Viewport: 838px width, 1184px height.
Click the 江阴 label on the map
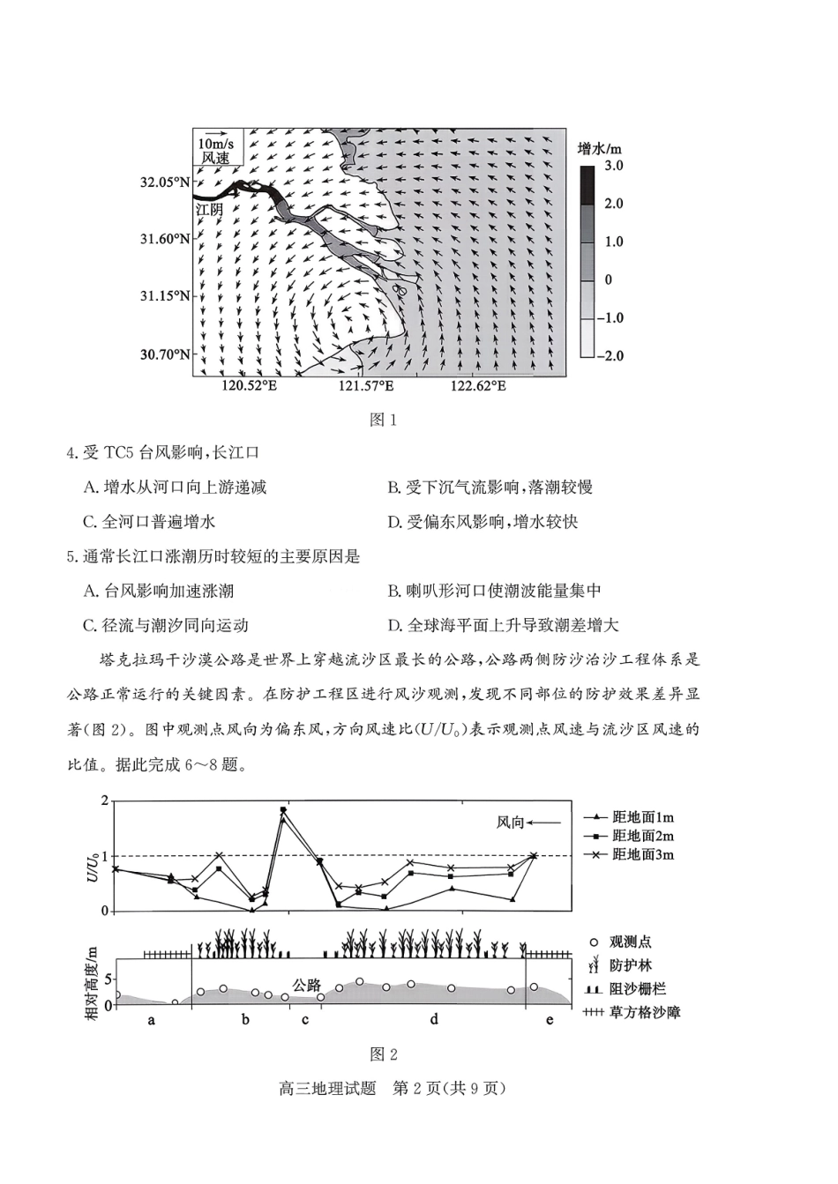click(x=209, y=210)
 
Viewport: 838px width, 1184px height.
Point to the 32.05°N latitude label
click(x=164, y=182)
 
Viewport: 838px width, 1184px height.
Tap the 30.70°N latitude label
click(x=164, y=354)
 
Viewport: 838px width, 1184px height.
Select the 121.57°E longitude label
click(x=366, y=386)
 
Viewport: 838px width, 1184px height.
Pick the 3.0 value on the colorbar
click(x=613, y=165)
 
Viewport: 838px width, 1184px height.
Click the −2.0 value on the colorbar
click(x=610, y=355)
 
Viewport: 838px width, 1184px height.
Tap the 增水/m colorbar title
click(x=600, y=146)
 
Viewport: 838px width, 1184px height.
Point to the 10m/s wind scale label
click(x=215, y=144)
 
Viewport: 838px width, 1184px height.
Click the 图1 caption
click(x=383, y=420)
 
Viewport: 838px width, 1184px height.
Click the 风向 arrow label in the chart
click(x=511, y=823)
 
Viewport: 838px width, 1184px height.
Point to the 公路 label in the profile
click(x=307, y=986)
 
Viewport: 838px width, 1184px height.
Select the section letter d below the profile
click(x=434, y=1020)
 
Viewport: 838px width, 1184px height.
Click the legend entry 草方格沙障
click(x=644, y=1013)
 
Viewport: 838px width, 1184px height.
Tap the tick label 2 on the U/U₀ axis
click(x=104, y=801)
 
